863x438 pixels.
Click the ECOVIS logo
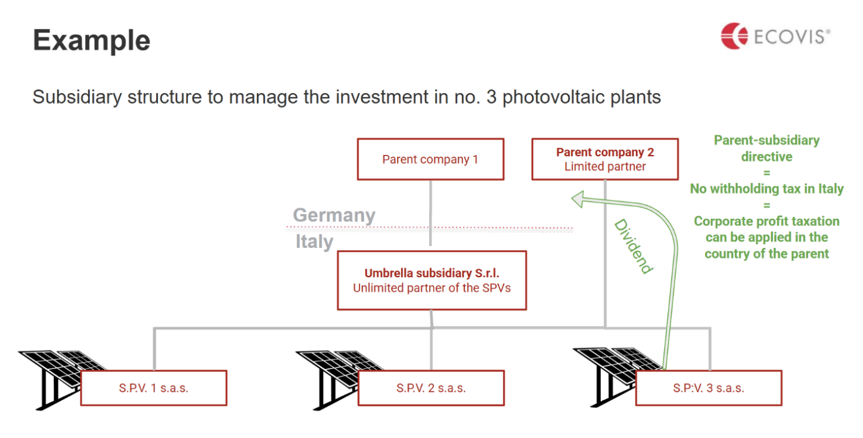pos(775,36)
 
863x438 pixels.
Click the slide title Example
pos(92,41)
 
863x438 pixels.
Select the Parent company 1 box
pos(430,159)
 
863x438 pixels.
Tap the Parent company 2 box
pos(605,159)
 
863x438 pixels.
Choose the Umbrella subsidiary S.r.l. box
pos(431,280)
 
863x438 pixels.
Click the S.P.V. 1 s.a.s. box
pos(154,388)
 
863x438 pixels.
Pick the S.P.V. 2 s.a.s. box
pos(431,388)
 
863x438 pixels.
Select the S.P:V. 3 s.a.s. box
pos(709,388)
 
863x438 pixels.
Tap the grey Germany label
pos(334,215)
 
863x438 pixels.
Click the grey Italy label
pos(314,242)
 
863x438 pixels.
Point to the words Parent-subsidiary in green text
pos(766,141)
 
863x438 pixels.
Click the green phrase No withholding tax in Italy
pos(766,189)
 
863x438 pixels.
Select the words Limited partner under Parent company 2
pos(605,167)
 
